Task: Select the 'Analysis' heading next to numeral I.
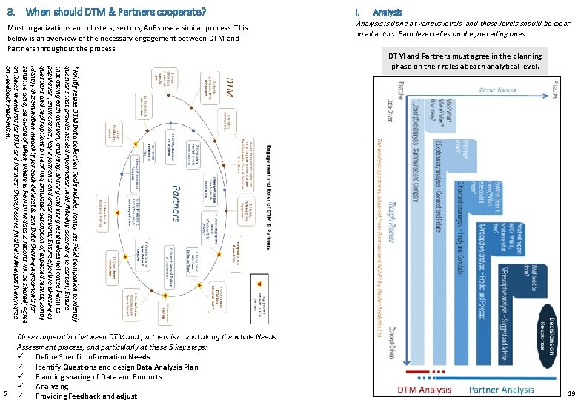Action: pos(388,12)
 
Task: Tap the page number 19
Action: pos(570,393)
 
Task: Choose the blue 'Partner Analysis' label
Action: pos(501,390)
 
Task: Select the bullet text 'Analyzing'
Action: pos(52,386)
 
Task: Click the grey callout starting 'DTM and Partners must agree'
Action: pos(467,61)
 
